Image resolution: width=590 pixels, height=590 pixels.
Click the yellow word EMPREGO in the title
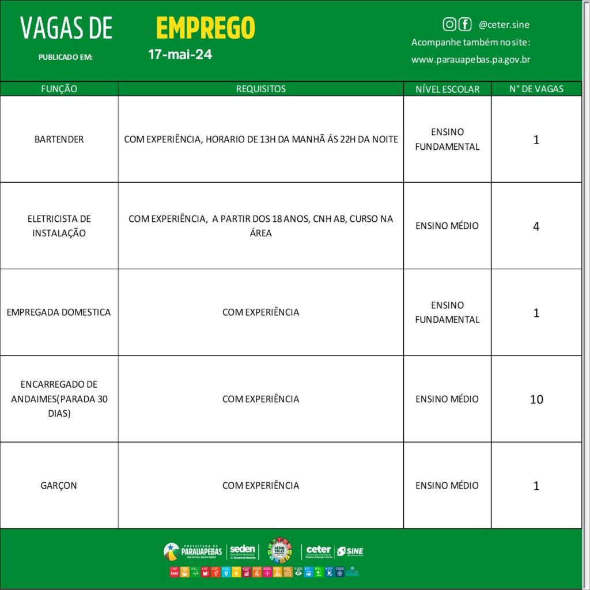pos(205,28)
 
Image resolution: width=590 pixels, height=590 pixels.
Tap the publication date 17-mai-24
pos(180,55)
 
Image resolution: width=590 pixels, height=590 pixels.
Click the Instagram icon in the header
pos(449,24)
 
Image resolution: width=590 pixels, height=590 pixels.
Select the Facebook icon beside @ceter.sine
pos(464,24)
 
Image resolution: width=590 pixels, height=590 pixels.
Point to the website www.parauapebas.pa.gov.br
pos(471,59)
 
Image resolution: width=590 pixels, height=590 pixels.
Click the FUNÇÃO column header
pos(59,89)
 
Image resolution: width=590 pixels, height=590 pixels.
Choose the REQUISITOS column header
pos(260,89)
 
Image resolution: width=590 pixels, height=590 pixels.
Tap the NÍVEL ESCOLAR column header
pos(447,89)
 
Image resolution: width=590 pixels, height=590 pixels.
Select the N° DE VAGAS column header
pos(536,89)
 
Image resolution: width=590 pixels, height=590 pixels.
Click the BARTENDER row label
pos(59,139)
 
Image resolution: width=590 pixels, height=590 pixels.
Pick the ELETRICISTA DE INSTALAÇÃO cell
pos(59,226)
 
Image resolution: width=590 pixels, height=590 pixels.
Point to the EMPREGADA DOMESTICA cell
pos(59,312)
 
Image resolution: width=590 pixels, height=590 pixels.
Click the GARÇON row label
pos(59,486)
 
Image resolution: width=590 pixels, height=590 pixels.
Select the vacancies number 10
pos(536,399)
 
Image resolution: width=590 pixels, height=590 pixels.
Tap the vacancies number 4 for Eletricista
pos(536,226)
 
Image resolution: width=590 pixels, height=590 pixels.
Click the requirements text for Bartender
pos(260,139)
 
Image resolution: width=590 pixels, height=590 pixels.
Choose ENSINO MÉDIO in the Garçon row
pos(447,486)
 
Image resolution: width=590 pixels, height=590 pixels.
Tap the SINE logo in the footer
pos(350,551)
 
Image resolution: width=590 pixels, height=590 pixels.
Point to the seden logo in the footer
pos(242,551)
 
